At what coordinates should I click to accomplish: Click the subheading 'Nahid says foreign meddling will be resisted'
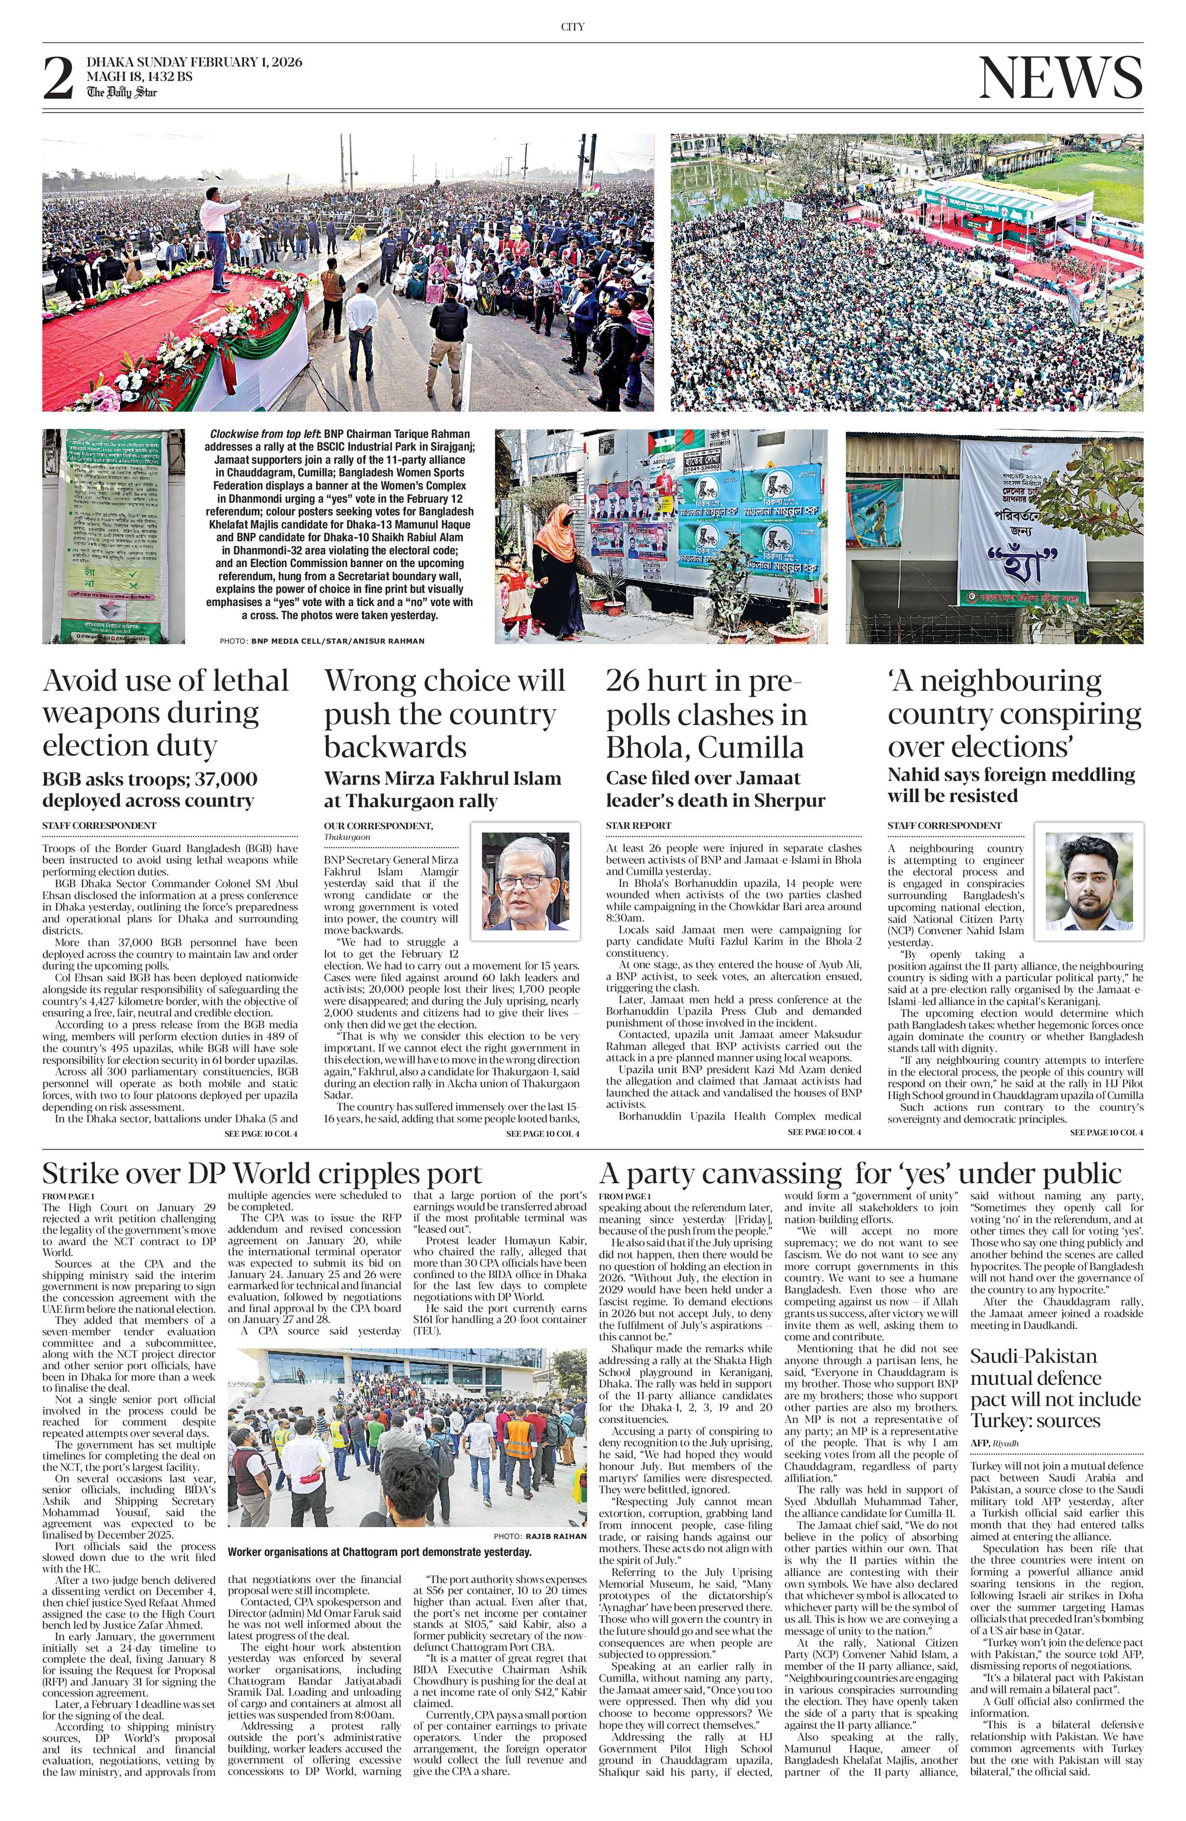pos(1011,785)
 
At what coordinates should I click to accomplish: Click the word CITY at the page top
pos(572,27)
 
